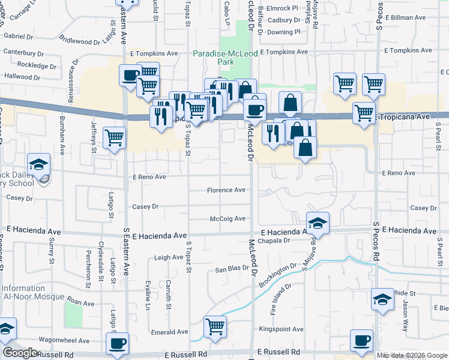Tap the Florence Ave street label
point(226,190)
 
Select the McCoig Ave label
point(228,219)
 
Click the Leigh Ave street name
point(169,257)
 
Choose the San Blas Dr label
point(232,269)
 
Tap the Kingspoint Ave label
point(281,329)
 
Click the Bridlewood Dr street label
point(79,41)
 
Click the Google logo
point(20,353)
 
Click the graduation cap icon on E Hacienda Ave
point(318,223)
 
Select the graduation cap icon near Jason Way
point(382,299)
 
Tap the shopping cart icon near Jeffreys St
point(114,137)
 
